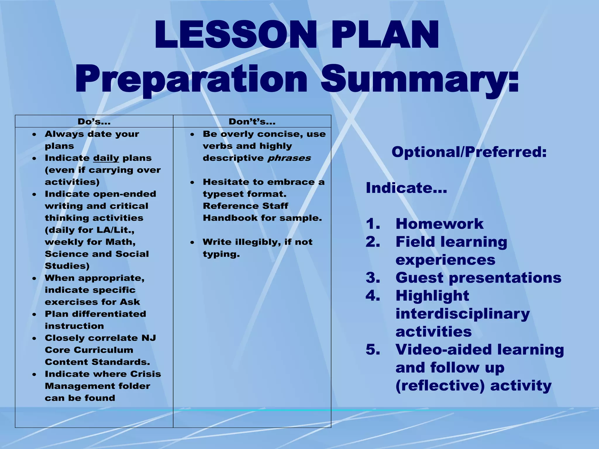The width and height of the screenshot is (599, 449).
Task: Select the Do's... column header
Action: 94,122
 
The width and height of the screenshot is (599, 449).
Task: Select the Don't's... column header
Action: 252,122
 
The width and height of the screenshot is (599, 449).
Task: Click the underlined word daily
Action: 106,158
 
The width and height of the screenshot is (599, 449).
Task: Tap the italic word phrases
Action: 289,158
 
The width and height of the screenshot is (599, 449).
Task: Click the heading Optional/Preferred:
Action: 469,152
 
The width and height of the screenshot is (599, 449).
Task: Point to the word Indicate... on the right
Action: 406,188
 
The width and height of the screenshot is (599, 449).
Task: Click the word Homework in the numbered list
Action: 439,224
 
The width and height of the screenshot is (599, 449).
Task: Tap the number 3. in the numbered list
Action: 373,278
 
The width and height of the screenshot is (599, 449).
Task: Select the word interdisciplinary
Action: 462,314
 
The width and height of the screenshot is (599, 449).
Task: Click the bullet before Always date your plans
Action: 35,134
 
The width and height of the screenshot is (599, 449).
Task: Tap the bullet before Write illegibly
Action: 192,242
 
